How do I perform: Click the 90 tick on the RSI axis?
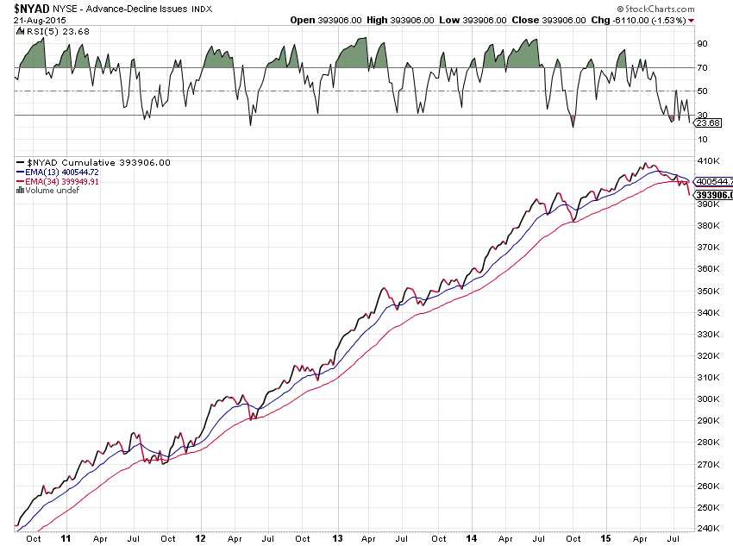click(703, 43)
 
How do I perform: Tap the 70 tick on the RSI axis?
click(703, 67)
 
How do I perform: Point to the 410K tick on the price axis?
click(708, 160)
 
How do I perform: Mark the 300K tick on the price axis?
click(708, 399)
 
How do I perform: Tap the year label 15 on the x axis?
click(606, 537)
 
